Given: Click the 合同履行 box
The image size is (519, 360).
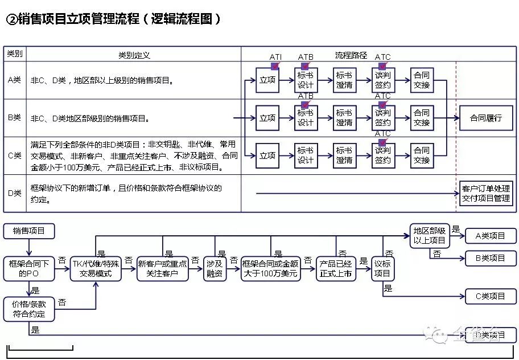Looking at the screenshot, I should click(485, 118).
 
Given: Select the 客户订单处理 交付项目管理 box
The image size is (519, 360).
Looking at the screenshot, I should click(485, 194).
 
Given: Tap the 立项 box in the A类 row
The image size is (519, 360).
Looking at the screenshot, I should click(267, 80).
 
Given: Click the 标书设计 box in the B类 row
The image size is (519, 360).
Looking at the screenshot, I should click(306, 118).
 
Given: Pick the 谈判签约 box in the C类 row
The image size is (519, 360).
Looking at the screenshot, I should click(383, 156).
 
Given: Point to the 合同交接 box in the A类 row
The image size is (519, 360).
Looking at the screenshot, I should click(422, 80).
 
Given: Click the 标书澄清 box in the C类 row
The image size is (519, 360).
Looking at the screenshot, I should click(344, 156).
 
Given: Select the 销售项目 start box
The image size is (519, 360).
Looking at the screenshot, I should click(28, 231).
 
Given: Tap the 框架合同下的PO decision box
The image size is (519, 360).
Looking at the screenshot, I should click(28, 268).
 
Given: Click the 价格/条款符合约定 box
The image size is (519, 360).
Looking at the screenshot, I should click(28, 309).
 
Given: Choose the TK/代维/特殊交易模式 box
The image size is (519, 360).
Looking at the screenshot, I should click(96, 268).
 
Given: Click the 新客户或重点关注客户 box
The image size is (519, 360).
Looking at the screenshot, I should click(163, 268).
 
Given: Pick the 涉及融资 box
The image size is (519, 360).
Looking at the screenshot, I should click(215, 268).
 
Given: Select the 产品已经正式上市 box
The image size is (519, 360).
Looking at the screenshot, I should click(335, 268).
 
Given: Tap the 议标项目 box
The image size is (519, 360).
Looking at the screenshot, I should click(382, 268).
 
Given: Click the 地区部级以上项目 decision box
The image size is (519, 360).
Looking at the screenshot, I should click(429, 236).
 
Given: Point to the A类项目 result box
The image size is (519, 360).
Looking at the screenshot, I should click(490, 236).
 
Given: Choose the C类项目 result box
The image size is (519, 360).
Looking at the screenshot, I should click(490, 296).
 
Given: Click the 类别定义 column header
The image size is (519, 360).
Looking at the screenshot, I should click(134, 55).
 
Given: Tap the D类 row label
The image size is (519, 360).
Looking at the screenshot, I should click(15, 193).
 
